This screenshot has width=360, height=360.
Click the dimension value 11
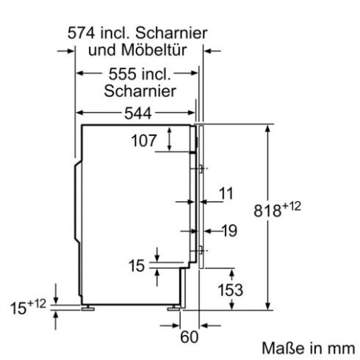(226, 193)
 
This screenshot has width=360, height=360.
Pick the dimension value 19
(229, 231)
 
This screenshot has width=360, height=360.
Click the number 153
(230, 290)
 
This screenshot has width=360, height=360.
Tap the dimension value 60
(190, 338)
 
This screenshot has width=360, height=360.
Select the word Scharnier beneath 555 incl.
(139, 91)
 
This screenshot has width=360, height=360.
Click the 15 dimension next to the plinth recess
(137, 266)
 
